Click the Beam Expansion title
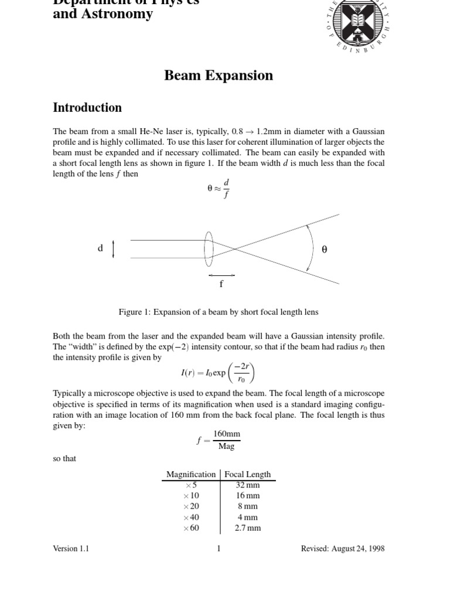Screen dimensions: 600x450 [219, 76]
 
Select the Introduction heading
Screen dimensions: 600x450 [87, 108]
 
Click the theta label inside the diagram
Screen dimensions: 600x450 [325, 250]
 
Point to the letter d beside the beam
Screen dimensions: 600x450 [100, 248]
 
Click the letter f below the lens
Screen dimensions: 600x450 [221, 285]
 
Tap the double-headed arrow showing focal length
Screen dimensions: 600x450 [221, 274]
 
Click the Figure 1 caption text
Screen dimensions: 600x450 [219, 312]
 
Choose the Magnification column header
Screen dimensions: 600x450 [190, 474]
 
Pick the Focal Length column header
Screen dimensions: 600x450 [247, 474]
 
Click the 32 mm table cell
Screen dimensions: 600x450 [247, 485]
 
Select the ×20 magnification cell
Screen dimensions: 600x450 [191, 506]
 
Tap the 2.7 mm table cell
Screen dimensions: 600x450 [247, 528]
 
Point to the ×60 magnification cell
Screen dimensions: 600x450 [191, 528]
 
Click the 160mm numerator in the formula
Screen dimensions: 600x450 [226, 434]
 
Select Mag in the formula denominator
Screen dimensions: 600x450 [226, 446]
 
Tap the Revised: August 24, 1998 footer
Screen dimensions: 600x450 [343, 549]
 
